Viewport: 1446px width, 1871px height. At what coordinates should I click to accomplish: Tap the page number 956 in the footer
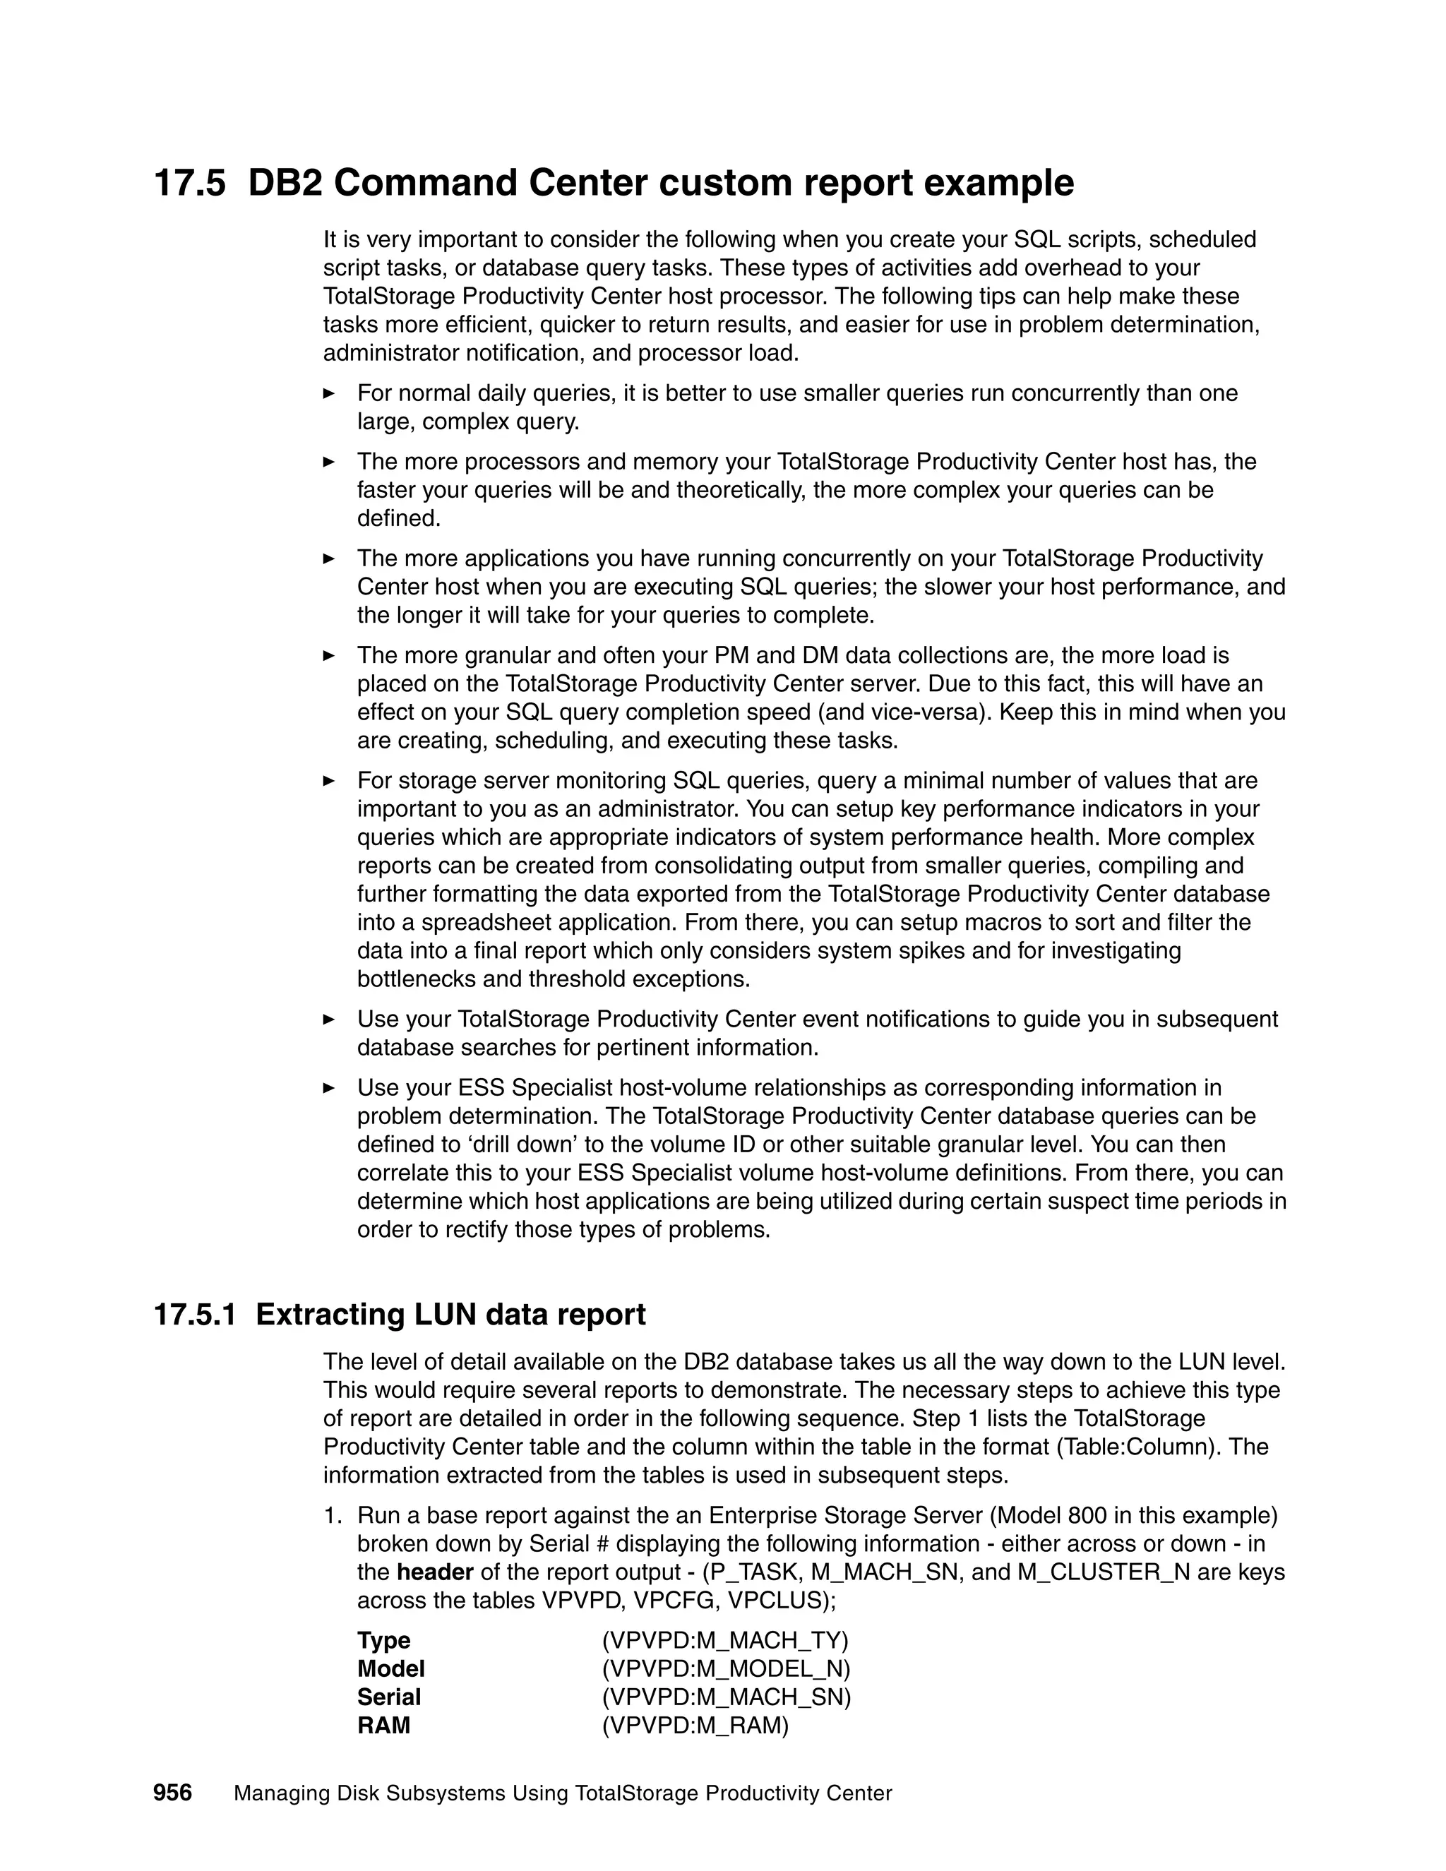tap(172, 1793)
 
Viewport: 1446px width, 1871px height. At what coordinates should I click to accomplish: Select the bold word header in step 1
tap(435, 1572)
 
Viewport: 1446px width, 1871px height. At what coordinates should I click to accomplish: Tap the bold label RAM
tap(384, 1726)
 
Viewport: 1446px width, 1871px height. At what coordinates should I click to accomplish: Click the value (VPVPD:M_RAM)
tap(695, 1726)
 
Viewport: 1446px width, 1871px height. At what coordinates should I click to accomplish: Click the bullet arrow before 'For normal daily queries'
tap(328, 393)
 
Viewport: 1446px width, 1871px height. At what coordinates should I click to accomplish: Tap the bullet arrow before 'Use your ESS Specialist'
tap(328, 1088)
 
